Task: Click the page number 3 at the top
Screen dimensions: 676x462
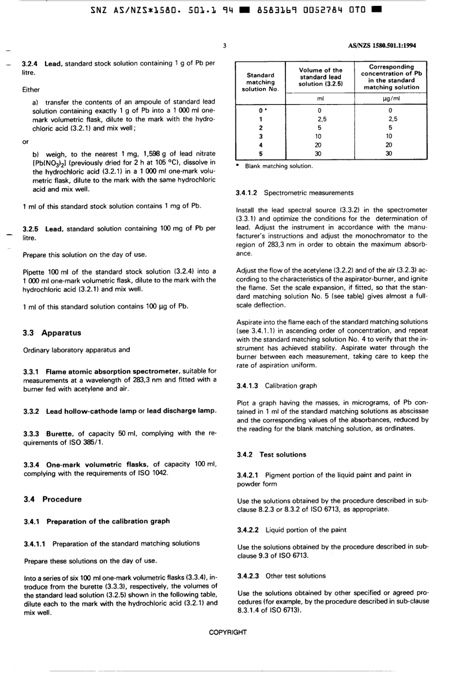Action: point(224,46)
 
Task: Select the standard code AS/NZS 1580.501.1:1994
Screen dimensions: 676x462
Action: point(382,46)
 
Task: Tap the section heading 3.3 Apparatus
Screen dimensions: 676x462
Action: point(52,333)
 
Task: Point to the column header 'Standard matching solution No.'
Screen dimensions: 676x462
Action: point(260,82)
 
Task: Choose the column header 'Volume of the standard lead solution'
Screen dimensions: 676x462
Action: point(320,77)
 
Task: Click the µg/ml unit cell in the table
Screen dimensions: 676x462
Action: point(391,99)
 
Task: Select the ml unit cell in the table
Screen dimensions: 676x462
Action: point(320,99)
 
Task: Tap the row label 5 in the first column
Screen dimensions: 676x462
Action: point(261,154)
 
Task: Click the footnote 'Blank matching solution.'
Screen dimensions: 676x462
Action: point(278,166)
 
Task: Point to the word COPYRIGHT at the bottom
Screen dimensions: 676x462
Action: point(228,633)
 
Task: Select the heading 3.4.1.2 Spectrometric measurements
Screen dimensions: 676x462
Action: point(295,193)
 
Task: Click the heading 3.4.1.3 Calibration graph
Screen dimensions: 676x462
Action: point(277,386)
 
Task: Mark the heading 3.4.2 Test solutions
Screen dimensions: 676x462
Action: point(271,455)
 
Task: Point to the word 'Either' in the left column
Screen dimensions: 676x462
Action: point(31,90)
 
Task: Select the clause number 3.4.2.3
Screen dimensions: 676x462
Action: point(248,576)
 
